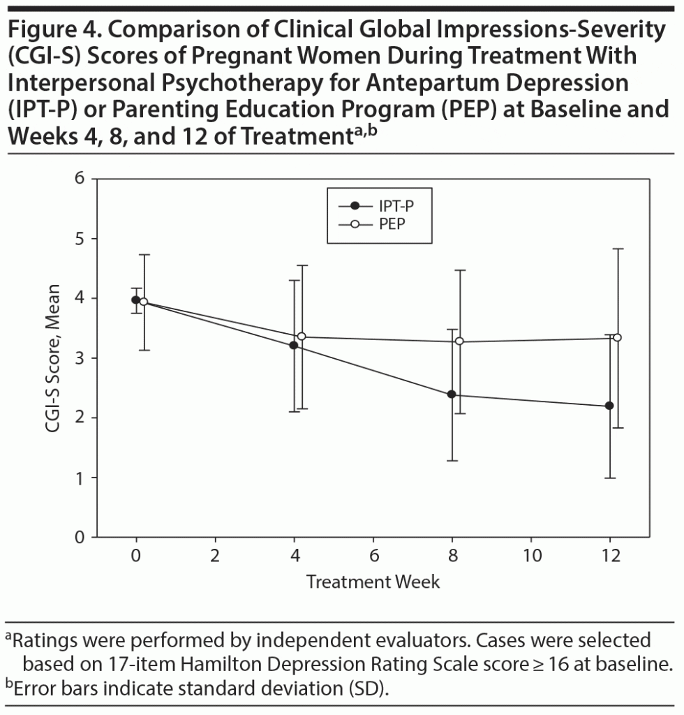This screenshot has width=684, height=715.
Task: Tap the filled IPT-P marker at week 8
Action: click(452, 395)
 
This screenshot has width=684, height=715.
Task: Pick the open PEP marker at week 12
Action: click(617, 337)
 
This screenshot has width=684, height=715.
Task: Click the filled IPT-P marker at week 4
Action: click(293, 345)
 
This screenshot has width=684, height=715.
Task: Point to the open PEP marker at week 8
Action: click(459, 341)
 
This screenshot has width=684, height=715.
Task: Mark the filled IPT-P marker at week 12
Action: click(609, 406)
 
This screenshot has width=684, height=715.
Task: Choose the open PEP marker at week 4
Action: click(302, 337)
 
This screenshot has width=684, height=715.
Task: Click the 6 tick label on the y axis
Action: click(79, 179)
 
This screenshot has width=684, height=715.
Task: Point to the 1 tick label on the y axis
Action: click(79, 478)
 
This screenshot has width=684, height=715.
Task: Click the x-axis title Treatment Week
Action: click(373, 582)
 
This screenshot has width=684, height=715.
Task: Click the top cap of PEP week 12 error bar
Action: click(617, 249)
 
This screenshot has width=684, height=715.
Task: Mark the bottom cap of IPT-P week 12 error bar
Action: click(609, 478)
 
